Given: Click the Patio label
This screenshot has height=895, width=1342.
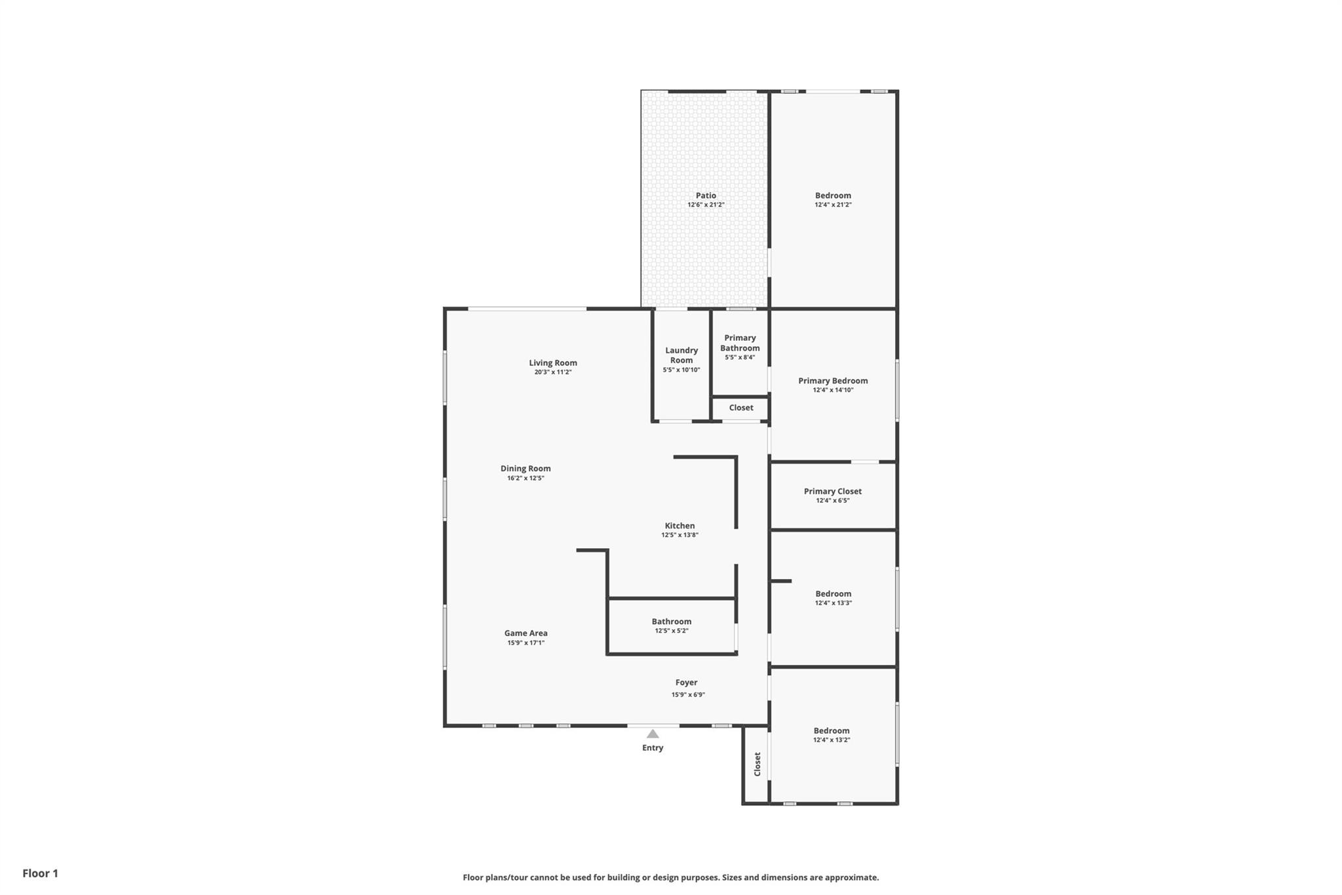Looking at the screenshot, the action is tap(706, 195).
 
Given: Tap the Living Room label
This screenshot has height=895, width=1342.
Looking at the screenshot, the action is tap(553, 363).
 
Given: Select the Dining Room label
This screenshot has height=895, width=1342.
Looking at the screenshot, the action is tap(526, 469).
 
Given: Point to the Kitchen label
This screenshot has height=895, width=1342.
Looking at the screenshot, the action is tap(680, 526).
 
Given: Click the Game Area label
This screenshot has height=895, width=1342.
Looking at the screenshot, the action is tap(526, 633).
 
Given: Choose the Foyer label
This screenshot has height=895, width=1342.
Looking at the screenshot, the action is tap(686, 683).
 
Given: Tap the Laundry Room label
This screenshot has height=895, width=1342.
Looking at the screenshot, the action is tap(681, 355).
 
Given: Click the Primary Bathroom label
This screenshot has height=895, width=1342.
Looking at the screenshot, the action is tap(740, 343).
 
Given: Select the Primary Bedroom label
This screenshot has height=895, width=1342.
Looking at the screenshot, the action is tap(833, 381).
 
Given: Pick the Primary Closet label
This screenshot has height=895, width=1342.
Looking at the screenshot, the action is tap(833, 492).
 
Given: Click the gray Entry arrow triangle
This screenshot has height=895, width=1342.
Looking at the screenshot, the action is tap(653, 734).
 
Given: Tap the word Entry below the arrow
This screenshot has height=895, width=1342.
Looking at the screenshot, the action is tap(653, 748).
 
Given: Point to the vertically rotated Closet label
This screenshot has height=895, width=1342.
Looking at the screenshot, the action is tap(757, 765).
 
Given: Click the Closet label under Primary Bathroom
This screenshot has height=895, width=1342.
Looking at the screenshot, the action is tap(741, 408).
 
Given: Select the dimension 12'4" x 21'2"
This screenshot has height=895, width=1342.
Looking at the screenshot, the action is tap(833, 205).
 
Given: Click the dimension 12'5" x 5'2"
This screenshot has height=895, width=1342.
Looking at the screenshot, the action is tap(672, 631).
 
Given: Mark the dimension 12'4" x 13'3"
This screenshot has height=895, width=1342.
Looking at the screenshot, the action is tap(833, 603).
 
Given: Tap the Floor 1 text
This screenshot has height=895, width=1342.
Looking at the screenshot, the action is tap(41, 873).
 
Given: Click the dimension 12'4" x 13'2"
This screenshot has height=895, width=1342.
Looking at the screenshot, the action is tap(832, 740).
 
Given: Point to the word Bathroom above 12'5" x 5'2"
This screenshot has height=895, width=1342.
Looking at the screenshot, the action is tap(672, 622).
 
